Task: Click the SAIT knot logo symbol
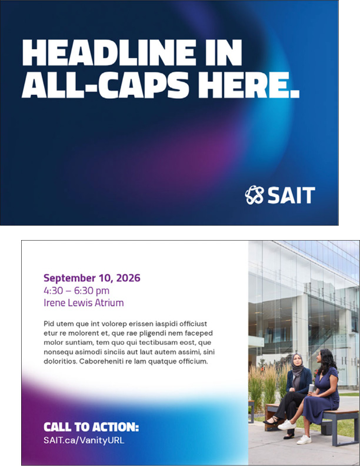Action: point(254,195)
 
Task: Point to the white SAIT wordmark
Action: point(291,195)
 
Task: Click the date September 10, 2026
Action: point(92,278)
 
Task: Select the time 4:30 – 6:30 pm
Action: point(76,291)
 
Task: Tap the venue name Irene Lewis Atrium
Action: point(84,303)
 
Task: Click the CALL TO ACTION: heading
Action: point(91,427)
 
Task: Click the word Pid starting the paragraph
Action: point(50,324)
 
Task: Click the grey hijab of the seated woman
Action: point(296,364)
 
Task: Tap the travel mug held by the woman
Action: point(311,388)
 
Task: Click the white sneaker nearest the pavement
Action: point(304,439)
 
